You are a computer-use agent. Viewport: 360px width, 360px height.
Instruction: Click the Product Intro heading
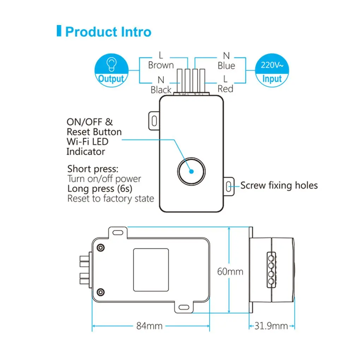coord(108,32)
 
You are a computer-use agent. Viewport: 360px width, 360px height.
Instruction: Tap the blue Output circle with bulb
coord(111,69)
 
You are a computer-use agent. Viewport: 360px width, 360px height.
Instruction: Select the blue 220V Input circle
coord(271,69)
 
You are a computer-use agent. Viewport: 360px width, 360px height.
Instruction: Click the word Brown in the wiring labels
coord(161,65)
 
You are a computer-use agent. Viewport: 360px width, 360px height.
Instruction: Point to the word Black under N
coord(161,90)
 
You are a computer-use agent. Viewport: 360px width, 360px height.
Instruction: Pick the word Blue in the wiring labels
coord(226,66)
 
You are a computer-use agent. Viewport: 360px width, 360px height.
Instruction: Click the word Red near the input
coord(225,89)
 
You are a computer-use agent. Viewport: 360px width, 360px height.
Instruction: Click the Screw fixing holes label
coord(279,185)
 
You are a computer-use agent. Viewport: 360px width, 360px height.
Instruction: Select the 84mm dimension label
coord(149,326)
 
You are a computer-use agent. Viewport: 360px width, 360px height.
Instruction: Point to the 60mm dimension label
coord(230,271)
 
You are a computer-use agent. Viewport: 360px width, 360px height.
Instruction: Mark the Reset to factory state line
coord(111,198)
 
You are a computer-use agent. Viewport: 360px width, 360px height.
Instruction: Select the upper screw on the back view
coord(101,247)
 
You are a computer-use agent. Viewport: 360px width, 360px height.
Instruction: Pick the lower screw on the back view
coord(101,292)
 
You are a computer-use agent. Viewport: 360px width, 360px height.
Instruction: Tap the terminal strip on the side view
coord(271,269)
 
